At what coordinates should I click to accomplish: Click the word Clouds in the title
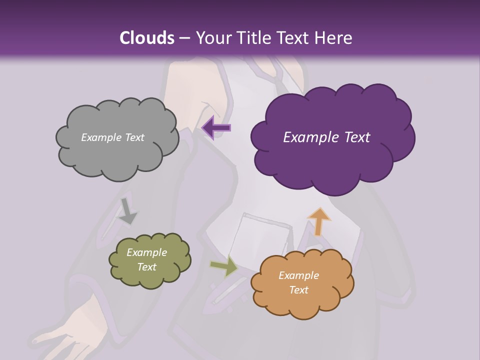click(146, 38)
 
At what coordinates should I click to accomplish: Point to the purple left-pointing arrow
click(216, 127)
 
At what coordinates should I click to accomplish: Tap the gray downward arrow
click(127, 212)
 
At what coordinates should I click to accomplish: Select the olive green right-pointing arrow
click(224, 267)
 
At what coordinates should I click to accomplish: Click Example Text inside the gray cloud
click(112, 137)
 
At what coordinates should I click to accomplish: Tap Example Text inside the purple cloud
click(326, 137)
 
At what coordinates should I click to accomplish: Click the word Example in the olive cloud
click(146, 252)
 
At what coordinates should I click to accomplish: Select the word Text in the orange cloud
click(298, 290)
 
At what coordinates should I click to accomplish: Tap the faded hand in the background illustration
click(70, 330)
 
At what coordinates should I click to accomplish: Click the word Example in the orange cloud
click(298, 275)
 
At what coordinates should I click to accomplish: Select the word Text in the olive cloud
click(146, 267)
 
